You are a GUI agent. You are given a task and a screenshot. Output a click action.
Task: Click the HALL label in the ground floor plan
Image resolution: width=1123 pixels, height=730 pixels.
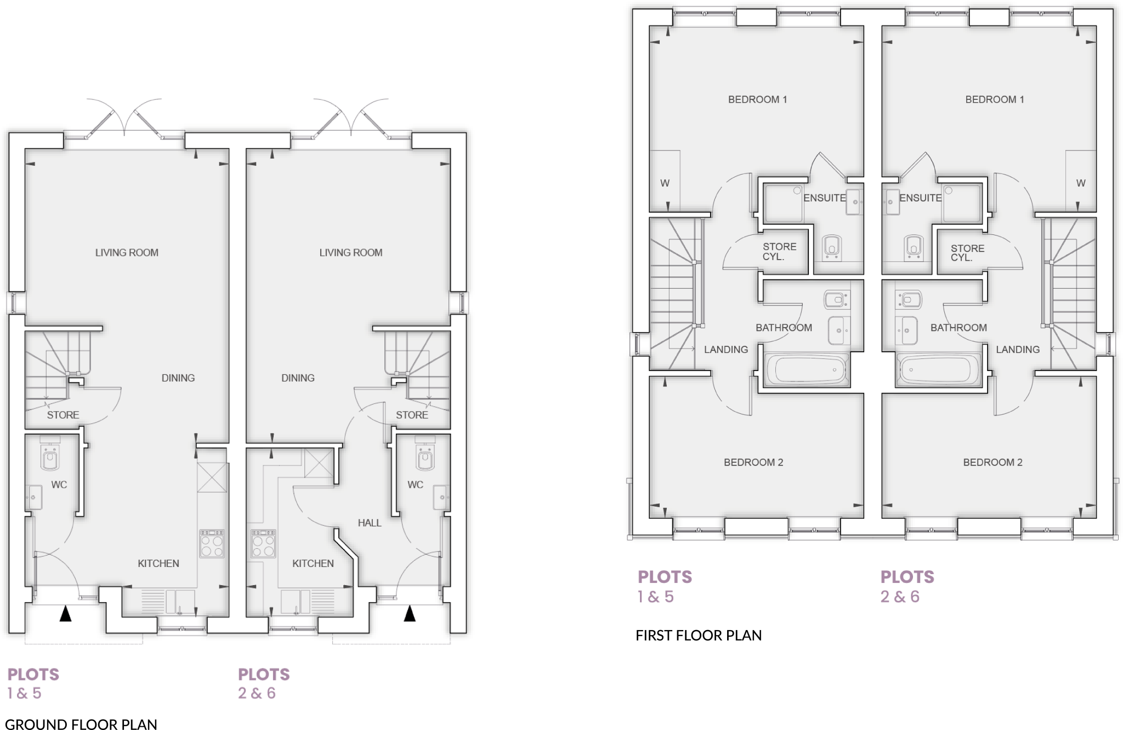pyautogui.click(x=369, y=523)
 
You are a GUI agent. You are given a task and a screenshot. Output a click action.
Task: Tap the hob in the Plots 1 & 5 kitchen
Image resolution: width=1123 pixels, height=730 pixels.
pyautogui.click(x=212, y=543)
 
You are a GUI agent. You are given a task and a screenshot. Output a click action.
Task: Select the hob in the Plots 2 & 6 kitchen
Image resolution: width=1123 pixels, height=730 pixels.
pyautogui.click(x=263, y=543)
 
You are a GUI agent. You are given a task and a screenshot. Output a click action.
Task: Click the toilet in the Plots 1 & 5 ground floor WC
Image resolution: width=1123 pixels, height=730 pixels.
pyautogui.click(x=50, y=457)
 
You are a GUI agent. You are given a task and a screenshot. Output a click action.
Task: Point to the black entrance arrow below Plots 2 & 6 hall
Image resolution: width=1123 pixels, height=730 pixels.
pyautogui.click(x=410, y=613)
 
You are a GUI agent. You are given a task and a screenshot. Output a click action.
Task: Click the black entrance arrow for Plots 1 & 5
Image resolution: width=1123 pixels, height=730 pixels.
pyautogui.click(x=65, y=613)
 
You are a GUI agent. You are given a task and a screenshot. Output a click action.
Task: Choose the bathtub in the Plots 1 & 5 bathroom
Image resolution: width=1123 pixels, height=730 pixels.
pyautogui.click(x=806, y=370)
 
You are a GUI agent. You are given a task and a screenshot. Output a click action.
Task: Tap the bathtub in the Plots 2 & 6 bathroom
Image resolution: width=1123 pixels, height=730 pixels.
pyautogui.click(x=938, y=370)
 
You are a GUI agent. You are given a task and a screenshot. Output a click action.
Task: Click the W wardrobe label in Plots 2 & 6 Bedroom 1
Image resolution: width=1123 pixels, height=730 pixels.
pyautogui.click(x=1080, y=183)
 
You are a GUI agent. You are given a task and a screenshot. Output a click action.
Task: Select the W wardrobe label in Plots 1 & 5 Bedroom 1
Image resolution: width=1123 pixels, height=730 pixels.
pyautogui.click(x=665, y=183)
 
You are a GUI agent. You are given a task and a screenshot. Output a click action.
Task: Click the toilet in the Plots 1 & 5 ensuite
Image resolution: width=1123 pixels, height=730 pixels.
pyautogui.click(x=832, y=248)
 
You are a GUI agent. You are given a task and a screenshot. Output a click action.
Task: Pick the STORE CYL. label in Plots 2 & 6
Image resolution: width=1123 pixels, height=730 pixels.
pyautogui.click(x=967, y=252)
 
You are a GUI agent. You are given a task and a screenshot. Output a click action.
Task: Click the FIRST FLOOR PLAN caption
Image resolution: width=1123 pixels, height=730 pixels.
pyautogui.click(x=698, y=635)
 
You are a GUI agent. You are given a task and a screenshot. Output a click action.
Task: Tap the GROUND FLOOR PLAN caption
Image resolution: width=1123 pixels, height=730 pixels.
pyautogui.click(x=81, y=724)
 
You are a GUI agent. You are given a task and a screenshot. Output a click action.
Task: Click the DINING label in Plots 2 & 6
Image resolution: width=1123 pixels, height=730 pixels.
pyautogui.click(x=298, y=378)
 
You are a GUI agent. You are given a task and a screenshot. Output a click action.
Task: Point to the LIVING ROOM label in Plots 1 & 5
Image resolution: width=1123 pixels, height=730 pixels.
pyautogui.click(x=127, y=252)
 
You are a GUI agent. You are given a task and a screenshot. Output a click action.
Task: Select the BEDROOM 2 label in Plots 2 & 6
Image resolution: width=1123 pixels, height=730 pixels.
pyautogui.click(x=992, y=462)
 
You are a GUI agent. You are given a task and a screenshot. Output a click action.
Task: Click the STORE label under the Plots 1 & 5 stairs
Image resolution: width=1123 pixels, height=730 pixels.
pyautogui.click(x=63, y=415)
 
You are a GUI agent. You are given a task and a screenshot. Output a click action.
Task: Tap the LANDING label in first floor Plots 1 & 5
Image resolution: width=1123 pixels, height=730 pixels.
pyautogui.click(x=725, y=349)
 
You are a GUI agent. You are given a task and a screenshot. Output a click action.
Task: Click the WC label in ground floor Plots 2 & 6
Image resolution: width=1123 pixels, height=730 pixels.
pyautogui.click(x=415, y=485)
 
